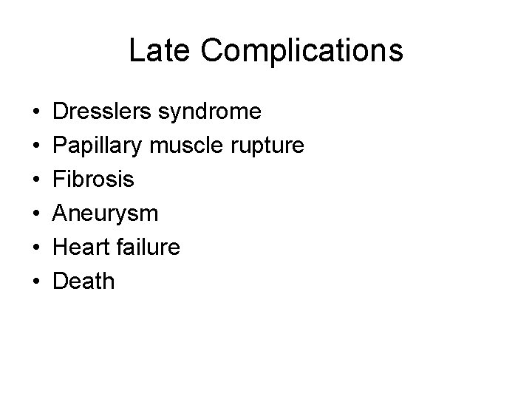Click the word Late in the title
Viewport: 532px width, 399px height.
[x=154, y=50]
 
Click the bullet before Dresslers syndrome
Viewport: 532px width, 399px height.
[x=36, y=112]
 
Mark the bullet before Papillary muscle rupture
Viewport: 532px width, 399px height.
[x=36, y=146]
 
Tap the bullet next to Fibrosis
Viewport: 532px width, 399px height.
[x=36, y=180]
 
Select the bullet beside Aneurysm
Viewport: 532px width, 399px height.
[x=36, y=214]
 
